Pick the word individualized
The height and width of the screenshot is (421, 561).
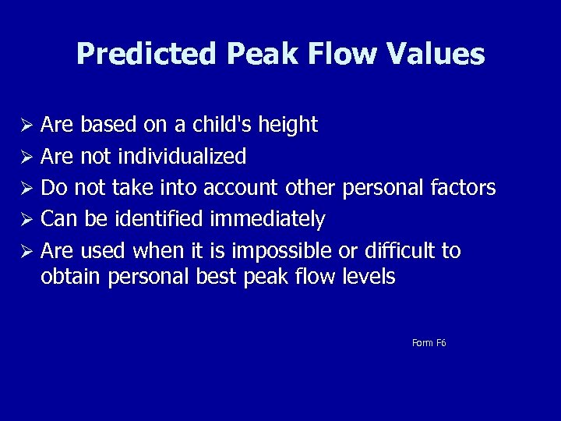click(182, 157)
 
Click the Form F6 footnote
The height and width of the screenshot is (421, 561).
click(429, 343)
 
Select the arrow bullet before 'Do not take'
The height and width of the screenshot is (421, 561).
click(28, 189)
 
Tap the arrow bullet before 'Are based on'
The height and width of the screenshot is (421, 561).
click(28, 126)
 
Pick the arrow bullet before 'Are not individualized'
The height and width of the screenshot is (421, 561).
click(28, 157)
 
